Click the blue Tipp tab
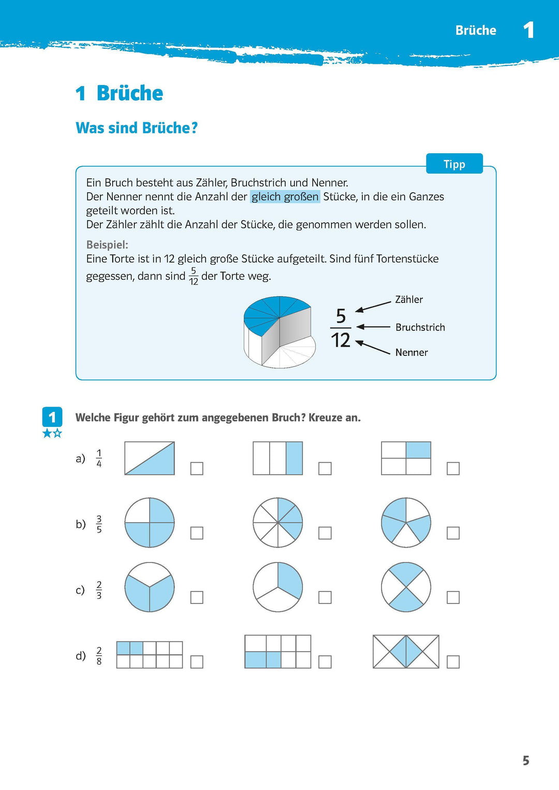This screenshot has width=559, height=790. [454, 164]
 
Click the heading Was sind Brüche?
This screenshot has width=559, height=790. [137, 128]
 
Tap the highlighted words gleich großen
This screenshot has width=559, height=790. [285, 197]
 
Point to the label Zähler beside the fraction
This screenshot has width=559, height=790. [408, 299]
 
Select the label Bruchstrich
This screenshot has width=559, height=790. [420, 327]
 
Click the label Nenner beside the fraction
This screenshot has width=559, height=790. [411, 352]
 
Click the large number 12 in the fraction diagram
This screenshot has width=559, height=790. [341, 340]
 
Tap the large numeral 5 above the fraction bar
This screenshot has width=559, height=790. [341, 315]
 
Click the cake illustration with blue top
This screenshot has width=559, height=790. [279, 332]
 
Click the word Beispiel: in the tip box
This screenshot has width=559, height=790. [107, 245]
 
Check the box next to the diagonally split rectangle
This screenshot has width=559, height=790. [197, 468]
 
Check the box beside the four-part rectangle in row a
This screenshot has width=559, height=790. [453, 468]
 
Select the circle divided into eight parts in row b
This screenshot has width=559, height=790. [278, 523]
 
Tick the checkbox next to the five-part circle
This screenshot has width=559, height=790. [453, 533]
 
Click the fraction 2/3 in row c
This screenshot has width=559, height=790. [99, 590]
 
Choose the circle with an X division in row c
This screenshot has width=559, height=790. [406, 587]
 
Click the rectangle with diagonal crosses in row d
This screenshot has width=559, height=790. [406, 652]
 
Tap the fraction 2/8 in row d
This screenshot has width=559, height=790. [99, 655]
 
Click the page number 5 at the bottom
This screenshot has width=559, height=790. [525, 760]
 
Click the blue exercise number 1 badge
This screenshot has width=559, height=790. [52, 417]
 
